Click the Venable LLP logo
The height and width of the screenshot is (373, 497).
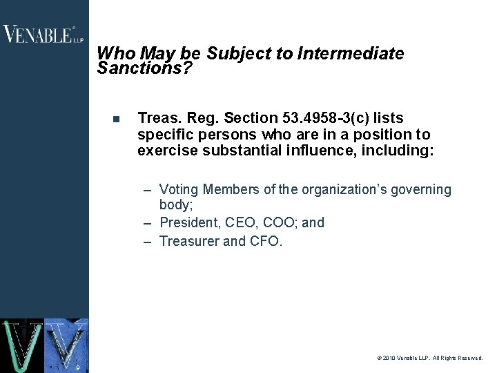point(43,35)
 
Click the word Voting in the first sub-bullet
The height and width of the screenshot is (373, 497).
point(179,189)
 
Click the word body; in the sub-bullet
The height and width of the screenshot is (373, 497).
point(175,205)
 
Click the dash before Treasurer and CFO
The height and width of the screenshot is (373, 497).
point(148,242)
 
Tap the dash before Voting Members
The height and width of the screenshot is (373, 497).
point(148,190)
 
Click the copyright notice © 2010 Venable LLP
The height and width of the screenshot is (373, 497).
point(430,358)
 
